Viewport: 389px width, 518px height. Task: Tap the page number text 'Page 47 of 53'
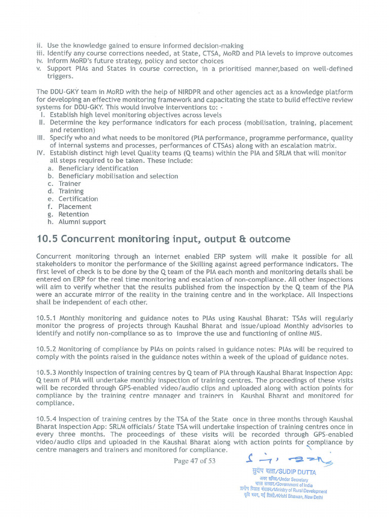[x=194, y=461]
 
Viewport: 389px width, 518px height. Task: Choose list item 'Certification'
[x=78, y=199]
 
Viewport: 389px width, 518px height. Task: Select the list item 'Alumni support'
[x=82, y=222]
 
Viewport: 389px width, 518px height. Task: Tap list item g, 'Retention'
[x=73, y=214]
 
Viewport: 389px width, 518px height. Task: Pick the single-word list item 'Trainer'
[x=69, y=184]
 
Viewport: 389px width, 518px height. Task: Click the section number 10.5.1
[x=48, y=319]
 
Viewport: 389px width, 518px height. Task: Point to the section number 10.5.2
[x=48, y=350]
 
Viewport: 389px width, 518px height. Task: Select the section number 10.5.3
[x=48, y=373]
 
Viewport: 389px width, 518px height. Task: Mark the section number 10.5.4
[x=48, y=419]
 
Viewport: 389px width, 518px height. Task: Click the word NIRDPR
[x=188, y=92]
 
